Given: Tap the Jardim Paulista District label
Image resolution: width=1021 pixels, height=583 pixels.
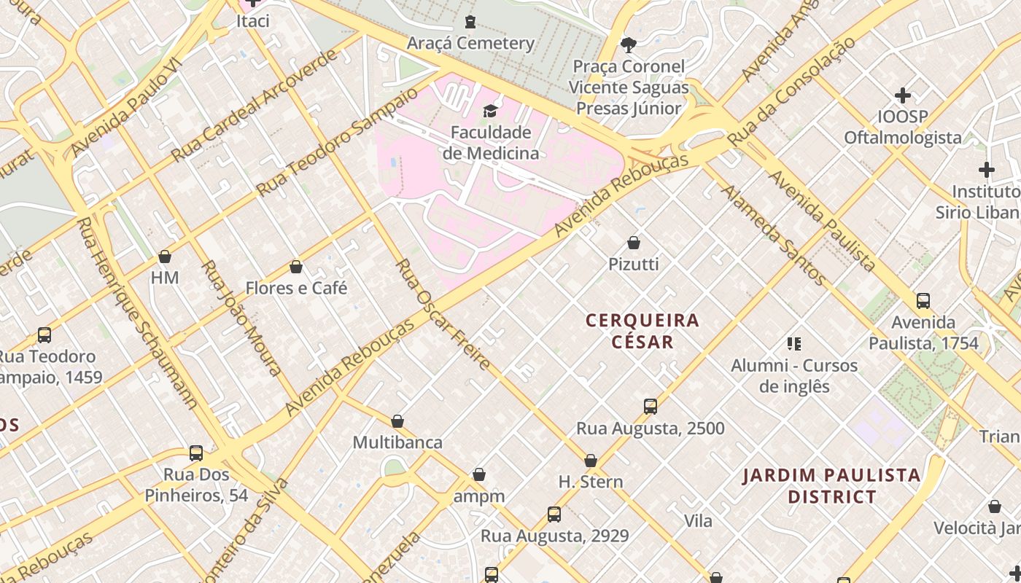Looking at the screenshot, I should click(831, 486).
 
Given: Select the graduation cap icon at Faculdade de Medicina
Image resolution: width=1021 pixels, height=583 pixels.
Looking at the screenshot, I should click(490, 111).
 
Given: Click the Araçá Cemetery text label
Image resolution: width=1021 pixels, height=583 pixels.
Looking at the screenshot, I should click(470, 43).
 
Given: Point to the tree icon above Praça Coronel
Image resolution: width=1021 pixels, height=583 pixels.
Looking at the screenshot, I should click(628, 45).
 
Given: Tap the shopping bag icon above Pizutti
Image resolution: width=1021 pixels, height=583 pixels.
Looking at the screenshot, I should click(634, 243).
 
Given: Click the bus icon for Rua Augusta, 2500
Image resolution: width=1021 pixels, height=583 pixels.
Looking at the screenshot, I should click(651, 407).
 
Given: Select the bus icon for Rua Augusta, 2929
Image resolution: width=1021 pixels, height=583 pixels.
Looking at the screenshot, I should click(554, 514).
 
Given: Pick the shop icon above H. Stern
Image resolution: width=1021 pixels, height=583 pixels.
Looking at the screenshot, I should click(591, 461).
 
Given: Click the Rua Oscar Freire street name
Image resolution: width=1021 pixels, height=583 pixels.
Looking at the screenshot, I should click(442, 314).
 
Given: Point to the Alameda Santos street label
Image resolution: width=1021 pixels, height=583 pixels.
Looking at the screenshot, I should click(774, 235).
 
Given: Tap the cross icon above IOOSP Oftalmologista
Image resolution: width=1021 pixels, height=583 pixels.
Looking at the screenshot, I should click(903, 95).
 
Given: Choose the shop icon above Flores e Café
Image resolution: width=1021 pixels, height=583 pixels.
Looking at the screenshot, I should click(296, 267).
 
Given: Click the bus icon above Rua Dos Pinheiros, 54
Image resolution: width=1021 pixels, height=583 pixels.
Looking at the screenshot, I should click(196, 453).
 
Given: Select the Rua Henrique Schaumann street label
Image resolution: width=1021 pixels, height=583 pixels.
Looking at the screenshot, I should click(138, 313).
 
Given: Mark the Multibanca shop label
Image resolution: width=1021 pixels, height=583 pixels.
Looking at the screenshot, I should click(397, 442).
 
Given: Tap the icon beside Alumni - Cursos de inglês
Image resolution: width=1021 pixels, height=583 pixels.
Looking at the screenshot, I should click(794, 344).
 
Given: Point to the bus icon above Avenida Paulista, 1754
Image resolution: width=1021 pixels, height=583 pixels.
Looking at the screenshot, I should click(923, 300).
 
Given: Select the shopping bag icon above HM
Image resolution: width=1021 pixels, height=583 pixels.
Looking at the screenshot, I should click(165, 257).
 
